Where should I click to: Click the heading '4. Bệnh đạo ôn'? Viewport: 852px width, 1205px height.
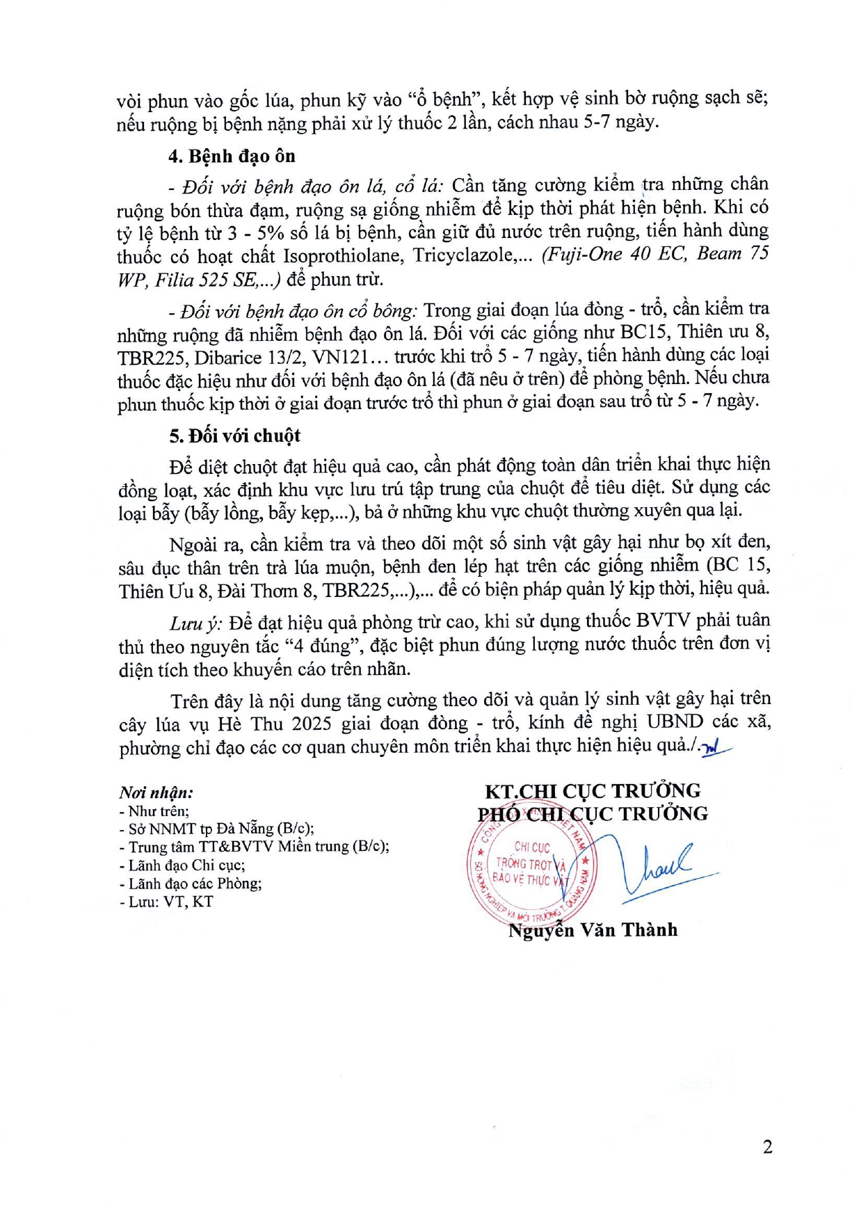[232, 156]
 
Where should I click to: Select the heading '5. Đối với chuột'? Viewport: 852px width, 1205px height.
[234, 436]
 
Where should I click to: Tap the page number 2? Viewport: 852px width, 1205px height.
[767, 1147]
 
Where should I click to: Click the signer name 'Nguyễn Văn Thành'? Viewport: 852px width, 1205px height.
[593, 930]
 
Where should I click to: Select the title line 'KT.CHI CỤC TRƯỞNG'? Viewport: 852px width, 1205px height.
[593, 790]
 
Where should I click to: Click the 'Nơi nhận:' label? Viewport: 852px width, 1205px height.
[156, 792]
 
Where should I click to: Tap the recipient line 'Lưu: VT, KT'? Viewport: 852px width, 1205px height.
[167, 902]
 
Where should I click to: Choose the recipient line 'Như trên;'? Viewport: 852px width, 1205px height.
[155, 811]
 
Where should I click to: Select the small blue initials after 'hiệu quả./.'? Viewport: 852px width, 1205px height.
[716, 747]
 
